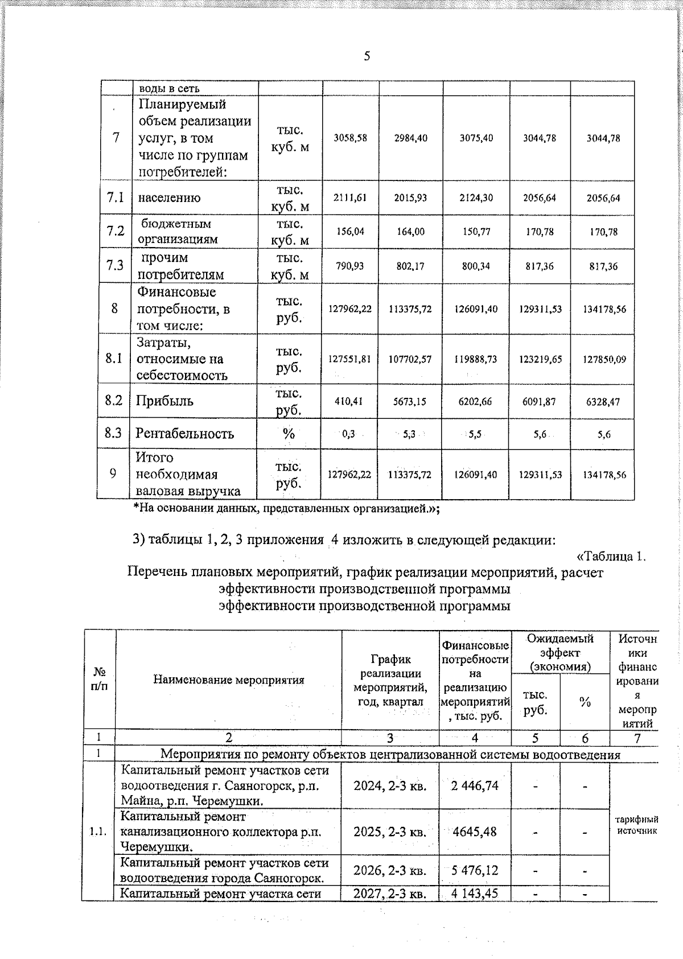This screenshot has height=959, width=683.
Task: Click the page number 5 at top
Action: pos(367,56)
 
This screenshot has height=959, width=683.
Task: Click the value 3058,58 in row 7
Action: pos(350,138)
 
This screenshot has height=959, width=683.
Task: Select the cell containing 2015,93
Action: pos(410,198)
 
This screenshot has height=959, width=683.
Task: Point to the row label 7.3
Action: pos(114,266)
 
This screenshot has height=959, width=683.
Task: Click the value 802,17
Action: pos(410,266)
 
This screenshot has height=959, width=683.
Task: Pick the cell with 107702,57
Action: pos(410,359)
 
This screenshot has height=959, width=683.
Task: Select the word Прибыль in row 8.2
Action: pos(164,401)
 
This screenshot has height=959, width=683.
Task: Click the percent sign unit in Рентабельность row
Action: pos(289,434)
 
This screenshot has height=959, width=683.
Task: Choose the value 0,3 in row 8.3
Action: pos(348,434)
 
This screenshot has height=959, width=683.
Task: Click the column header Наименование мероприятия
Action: pos(228,680)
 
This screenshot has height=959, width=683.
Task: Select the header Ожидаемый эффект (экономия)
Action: pos(560,652)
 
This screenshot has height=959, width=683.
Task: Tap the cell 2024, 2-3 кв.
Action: pos(390,786)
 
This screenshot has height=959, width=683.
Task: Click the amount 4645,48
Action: pos(475,832)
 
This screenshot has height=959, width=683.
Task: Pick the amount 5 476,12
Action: pos(475,870)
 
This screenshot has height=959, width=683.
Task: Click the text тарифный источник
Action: pos(636,825)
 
